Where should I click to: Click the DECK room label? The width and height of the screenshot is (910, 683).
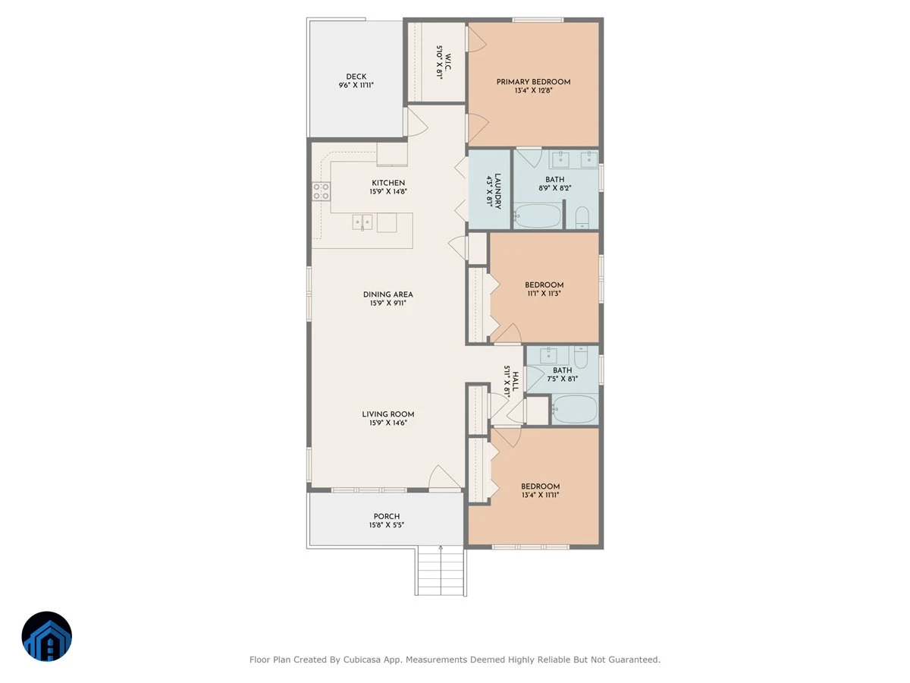click(356, 77)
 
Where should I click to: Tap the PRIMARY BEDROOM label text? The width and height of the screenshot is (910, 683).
click(533, 82)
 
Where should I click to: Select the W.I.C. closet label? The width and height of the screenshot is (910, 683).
click(449, 62)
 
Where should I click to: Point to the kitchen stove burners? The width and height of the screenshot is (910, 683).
click(322, 191)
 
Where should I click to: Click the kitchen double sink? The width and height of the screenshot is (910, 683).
click(362, 222)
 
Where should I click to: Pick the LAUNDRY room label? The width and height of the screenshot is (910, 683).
click(498, 191)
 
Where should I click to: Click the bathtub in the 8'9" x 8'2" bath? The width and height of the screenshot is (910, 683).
click(538, 216)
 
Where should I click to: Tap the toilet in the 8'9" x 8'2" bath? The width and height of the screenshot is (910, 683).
click(582, 217)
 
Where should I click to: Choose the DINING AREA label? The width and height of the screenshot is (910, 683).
click(388, 294)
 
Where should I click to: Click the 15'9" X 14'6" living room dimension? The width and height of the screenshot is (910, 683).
click(388, 423)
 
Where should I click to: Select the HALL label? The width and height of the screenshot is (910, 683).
click(516, 382)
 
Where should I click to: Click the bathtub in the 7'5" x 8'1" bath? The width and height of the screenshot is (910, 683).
click(575, 409)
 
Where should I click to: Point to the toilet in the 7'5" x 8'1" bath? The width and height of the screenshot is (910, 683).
click(581, 357)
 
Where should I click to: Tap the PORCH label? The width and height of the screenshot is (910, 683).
click(387, 517)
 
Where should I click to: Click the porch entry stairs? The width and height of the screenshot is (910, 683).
click(441, 571)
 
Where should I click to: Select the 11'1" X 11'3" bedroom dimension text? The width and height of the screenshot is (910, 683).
click(544, 294)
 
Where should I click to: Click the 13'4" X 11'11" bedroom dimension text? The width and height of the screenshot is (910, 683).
click(540, 495)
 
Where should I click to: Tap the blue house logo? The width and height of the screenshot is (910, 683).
click(47, 637)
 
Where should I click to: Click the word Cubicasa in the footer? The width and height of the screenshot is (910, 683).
click(362, 659)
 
